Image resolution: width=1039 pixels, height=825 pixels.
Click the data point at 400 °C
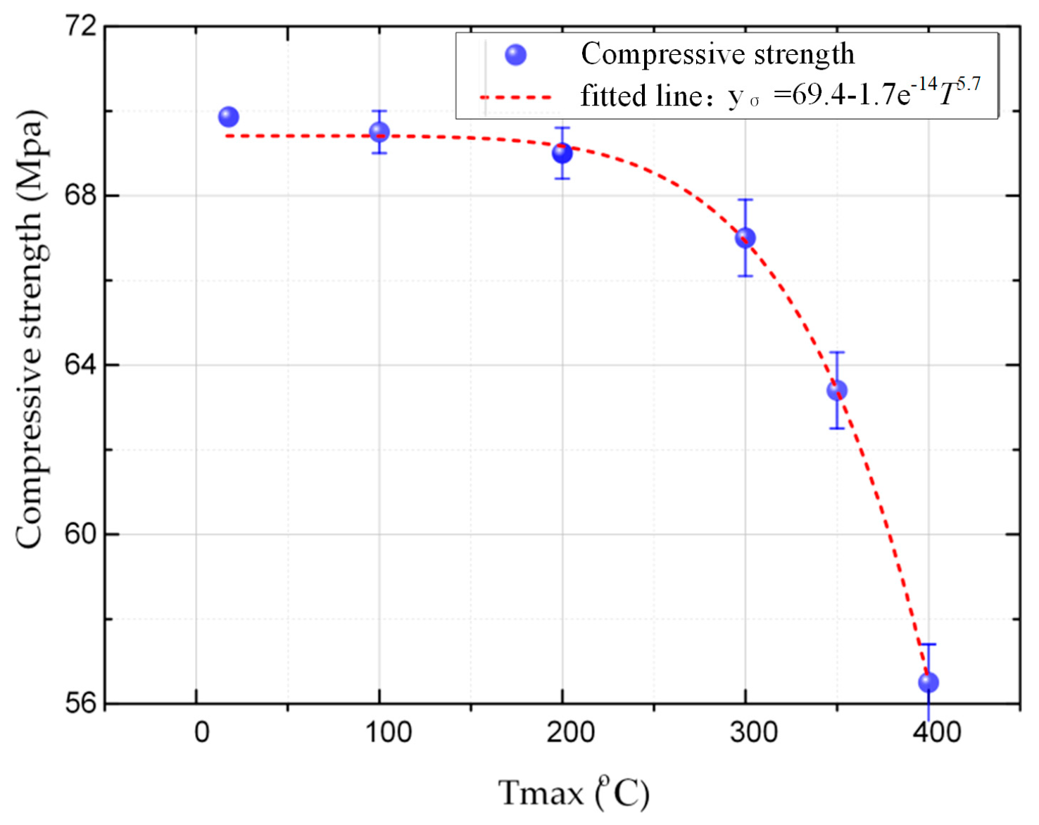(x=928, y=682)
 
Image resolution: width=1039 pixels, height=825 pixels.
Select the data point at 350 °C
(x=836, y=390)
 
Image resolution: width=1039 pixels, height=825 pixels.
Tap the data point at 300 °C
(x=745, y=238)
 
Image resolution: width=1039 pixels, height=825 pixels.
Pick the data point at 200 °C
(x=562, y=153)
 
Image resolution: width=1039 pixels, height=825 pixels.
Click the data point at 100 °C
(x=379, y=132)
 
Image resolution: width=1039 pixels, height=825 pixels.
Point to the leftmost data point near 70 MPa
(x=228, y=117)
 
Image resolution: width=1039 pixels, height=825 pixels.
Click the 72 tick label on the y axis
(x=80, y=26)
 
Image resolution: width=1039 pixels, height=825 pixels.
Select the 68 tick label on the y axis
(x=80, y=195)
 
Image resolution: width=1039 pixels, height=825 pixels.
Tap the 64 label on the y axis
(x=80, y=365)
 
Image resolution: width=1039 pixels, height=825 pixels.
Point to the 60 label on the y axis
(x=80, y=534)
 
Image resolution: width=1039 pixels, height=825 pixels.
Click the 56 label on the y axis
(x=80, y=703)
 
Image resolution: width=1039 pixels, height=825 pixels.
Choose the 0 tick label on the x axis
(x=202, y=733)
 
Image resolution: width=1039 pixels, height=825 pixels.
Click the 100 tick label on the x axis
(x=388, y=733)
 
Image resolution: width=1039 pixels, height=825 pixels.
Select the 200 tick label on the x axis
(x=570, y=733)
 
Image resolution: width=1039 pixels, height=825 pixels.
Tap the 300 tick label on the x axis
(x=753, y=733)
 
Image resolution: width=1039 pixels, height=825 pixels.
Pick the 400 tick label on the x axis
(x=936, y=733)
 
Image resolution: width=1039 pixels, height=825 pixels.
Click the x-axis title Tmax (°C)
(x=573, y=793)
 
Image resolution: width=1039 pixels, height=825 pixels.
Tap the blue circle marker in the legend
(x=515, y=55)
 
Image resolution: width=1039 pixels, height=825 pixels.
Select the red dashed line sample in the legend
(x=515, y=97)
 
